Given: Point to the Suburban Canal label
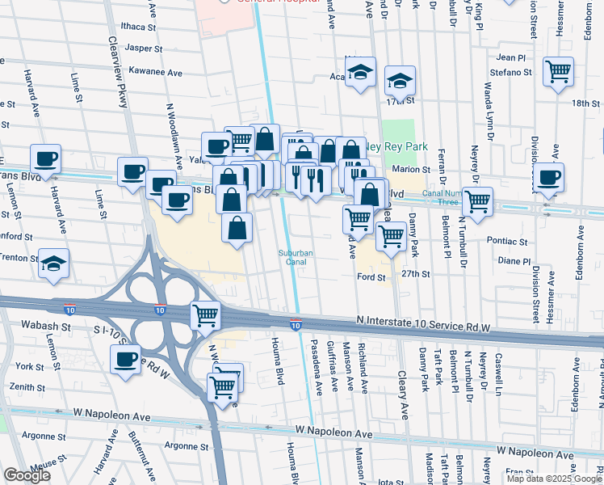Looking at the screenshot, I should (x=296, y=257).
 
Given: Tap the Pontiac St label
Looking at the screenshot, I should (x=507, y=241).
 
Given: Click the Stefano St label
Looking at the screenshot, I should (x=510, y=73).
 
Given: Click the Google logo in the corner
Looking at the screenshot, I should (x=27, y=475).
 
